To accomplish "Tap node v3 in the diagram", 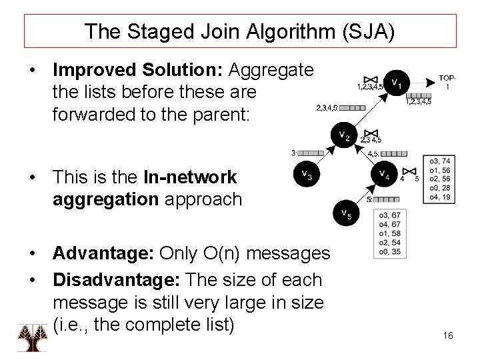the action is tap(305, 175).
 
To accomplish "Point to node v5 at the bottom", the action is tap(345, 213).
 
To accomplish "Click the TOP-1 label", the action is tap(447, 82).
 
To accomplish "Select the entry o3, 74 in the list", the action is tap(441, 161).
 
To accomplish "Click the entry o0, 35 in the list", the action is tap(388, 253).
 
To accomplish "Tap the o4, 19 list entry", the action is tap(441, 198).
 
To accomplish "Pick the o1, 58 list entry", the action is tap(388, 234).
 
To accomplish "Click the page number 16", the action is tap(447, 335).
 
